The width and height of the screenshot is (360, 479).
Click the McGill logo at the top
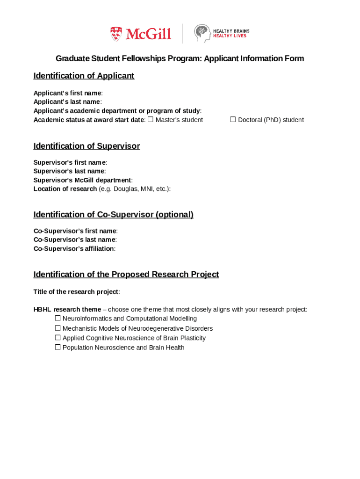click(x=141, y=34)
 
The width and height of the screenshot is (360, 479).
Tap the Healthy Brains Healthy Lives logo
click(x=222, y=33)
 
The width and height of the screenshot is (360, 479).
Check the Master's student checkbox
click(x=151, y=119)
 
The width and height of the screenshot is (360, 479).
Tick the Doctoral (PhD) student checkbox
click(x=233, y=119)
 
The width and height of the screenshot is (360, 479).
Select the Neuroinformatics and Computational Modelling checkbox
click(x=58, y=318)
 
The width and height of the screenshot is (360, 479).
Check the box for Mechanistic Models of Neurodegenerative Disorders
click(x=58, y=328)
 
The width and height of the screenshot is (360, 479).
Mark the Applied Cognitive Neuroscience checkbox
click(x=58, y=337)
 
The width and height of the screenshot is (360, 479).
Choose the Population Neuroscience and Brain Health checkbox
click(x=58, y=347)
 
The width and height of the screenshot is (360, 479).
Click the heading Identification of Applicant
click(x=84, y=76)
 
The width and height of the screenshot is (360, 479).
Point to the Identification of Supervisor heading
click(x=86, y=146)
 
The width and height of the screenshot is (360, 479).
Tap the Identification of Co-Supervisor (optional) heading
click(x=113, y=215)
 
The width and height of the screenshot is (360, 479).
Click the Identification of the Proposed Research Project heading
click(x=126, y=274)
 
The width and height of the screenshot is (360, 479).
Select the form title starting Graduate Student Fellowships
click(x=180, y=58)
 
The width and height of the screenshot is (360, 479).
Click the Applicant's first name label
click(x=67, y=93)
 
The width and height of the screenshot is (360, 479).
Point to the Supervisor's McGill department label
click(x=82, y=180)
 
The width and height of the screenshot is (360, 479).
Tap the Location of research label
click(x=65, y=189)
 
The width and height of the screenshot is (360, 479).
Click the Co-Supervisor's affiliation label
click(x=74, y=248)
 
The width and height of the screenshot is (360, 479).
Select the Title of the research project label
click(x=76, y=292)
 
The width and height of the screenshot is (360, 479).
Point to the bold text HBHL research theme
click(x=67, y=309)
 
